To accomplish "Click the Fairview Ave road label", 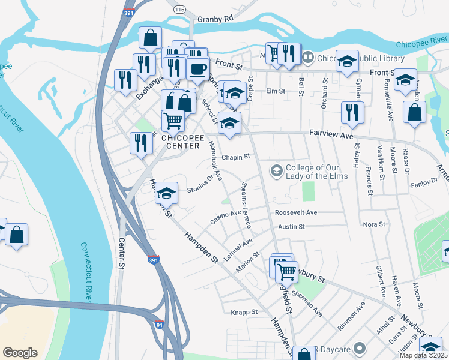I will (331, 136).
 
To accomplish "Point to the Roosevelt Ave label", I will (295, 212).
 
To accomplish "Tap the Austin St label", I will (292, 227).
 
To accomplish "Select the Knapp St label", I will (244, 312).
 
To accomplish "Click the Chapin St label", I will (235, 157).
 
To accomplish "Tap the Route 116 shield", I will (179, 11).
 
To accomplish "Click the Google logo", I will (20, 352).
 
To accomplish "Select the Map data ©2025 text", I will (424, 355).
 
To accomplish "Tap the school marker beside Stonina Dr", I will (166, 193).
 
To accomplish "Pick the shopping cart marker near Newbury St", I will (286, 271).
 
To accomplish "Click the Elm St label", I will (275, 91).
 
